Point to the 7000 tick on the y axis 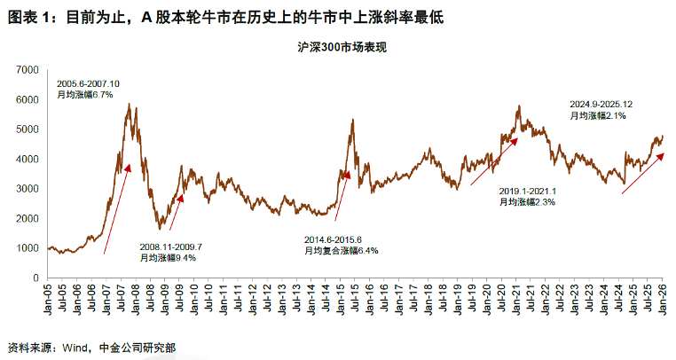click(23, 69)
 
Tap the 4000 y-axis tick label click(23, 159)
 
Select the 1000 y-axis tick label click(23, 248)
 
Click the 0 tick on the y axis click(31, 278)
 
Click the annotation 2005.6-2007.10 click(89, 83)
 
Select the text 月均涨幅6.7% click(85, 95)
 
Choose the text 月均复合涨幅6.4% click(342, 250)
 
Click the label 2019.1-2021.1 click(527, 191)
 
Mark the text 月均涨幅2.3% click(527, 202)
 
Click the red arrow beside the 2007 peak click(118, 207)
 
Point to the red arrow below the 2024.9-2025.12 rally click(642, 174)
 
